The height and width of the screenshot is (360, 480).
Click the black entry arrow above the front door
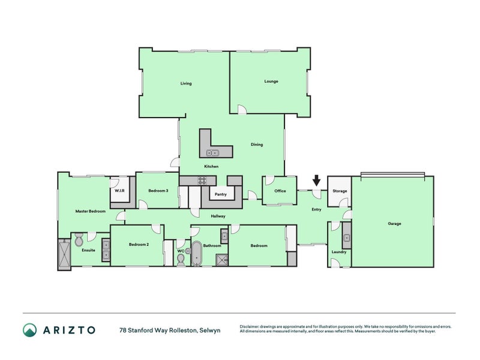pos(317,181)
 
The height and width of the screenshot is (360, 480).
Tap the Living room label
pos(186,83)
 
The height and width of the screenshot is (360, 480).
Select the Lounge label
pos(271,82)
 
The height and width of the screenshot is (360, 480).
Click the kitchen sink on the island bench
pos(213,152)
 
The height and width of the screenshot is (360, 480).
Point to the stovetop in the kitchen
pos(202,181)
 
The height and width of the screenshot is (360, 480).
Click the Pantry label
pos(221,194)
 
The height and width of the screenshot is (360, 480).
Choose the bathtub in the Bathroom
pos(197,253)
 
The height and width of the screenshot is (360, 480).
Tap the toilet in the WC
pos(181,260)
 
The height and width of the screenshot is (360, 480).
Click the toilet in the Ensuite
pos(79,239)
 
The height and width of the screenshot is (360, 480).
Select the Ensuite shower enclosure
pos(64,254)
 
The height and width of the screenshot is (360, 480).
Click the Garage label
pos(394,223)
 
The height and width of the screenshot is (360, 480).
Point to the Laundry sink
pos(347,238)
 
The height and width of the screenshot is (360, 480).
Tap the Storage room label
pos(340,191)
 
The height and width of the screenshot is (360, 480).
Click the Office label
pos(280,191)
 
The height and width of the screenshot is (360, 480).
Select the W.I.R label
pos(119,191)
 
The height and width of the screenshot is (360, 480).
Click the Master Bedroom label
pos(91,211)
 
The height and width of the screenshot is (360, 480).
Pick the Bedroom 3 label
pos(158,191)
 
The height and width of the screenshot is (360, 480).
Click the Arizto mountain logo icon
pos(29,330)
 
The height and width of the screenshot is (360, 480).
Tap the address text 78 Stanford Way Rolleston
pos(158,331)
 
